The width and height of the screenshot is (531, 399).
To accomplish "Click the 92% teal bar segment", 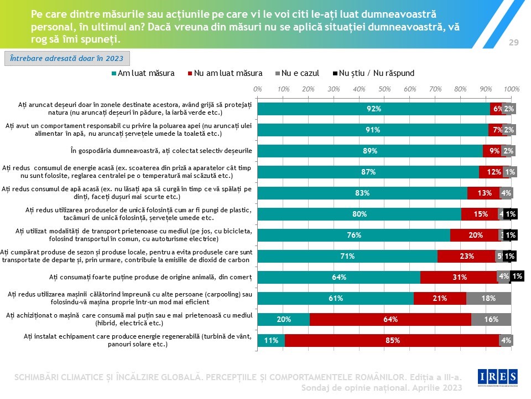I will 374,109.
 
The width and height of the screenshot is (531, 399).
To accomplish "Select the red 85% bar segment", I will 393,340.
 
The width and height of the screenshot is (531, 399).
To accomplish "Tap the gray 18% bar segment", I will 488,298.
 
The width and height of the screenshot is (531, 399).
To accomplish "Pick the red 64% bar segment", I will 391,319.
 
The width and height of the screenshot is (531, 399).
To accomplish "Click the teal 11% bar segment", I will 271,340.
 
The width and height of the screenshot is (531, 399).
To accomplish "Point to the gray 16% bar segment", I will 491,319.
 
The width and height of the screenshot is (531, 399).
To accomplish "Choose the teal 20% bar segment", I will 284,319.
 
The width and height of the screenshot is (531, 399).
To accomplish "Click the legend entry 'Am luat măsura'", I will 143,73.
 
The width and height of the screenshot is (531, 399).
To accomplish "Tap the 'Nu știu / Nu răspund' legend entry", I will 373,73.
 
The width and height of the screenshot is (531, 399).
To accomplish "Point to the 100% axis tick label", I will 512,89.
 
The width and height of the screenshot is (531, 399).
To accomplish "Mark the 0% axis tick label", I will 257,89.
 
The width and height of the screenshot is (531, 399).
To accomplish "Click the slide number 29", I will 513,43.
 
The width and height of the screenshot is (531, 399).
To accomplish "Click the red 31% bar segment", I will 459,277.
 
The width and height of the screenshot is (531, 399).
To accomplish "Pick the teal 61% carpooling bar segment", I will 336,298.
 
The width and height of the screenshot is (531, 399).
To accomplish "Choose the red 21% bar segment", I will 440,298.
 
